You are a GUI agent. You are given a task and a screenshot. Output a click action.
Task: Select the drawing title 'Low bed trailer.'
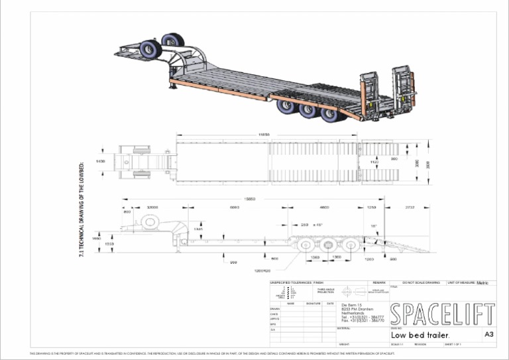click(421, 335)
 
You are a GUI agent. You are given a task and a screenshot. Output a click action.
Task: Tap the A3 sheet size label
click(489, 335)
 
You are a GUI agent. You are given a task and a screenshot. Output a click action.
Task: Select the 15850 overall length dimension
click(251, 198)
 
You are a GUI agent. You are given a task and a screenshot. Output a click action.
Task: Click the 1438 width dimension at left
click(101, 161)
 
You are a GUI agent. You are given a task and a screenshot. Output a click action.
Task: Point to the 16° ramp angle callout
click(373, 227)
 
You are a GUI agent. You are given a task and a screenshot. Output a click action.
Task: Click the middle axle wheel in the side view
click(329, 245)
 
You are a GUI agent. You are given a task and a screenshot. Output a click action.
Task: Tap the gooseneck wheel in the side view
click(146, 222)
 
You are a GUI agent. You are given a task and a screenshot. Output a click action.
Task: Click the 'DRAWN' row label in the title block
click(274, 309)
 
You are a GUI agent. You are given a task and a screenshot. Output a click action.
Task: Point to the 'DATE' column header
click(329, 304)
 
